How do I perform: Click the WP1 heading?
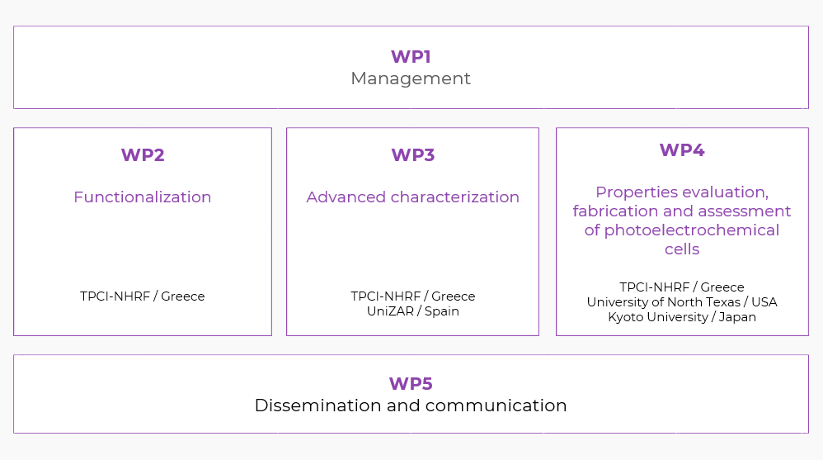(411, 57)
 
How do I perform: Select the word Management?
(411, 78)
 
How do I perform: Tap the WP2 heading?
(143, 155)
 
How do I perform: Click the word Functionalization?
(143, 197)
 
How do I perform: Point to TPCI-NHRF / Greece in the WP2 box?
(143, 296)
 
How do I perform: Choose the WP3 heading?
(412, 155)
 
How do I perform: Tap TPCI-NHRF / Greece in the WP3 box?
(412, 296)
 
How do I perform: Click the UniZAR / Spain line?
(412, 311)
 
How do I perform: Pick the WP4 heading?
(682, 150)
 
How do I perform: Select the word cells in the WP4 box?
(682, 249)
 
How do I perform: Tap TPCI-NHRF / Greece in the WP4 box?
(682, 287)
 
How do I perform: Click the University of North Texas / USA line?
(682, 302)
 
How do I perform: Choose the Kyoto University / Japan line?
(682, 317)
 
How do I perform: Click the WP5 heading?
(411, 384)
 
